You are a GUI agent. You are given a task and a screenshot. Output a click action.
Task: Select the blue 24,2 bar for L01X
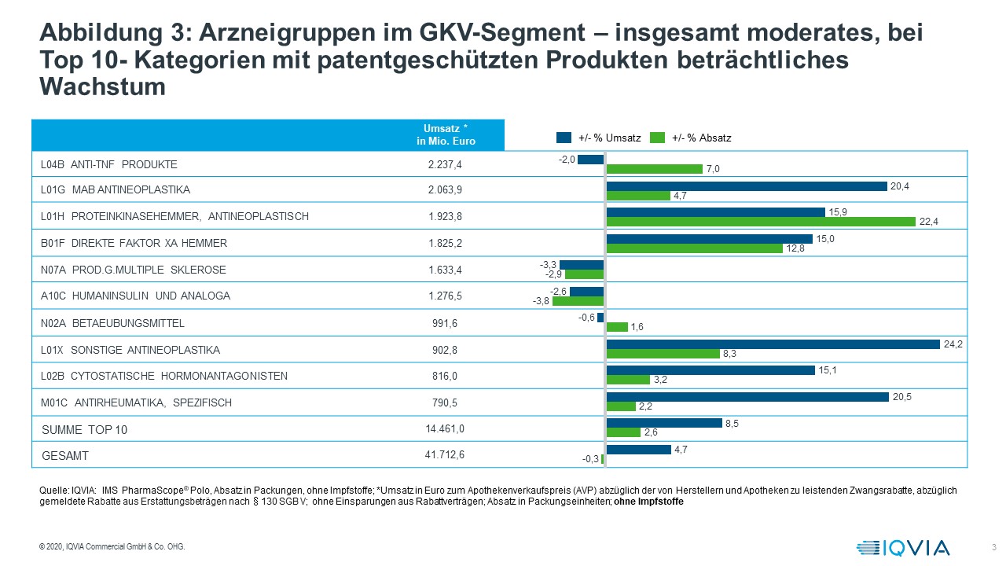click(x=773, y=344)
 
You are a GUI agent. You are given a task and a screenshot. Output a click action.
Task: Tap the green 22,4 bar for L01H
click(x=761, y=222)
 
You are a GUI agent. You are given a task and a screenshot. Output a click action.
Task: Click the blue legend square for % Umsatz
click(x=564, y=138)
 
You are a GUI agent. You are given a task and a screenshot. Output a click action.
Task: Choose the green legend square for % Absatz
click(x=658, y=138)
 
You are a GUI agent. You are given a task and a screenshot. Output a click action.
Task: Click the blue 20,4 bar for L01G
click(x=746, y=186)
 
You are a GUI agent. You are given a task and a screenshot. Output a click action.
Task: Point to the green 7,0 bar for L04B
click(x=654, y=169)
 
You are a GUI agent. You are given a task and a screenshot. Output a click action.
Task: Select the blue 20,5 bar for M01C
click(x=747, y=396)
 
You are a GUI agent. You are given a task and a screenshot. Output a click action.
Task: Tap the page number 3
click(x=994, y=547)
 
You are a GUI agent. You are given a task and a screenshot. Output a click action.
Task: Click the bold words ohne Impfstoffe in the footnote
click(x=648, y=502)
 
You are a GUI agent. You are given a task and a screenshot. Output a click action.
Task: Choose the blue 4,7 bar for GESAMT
click(x=638, y=449)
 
